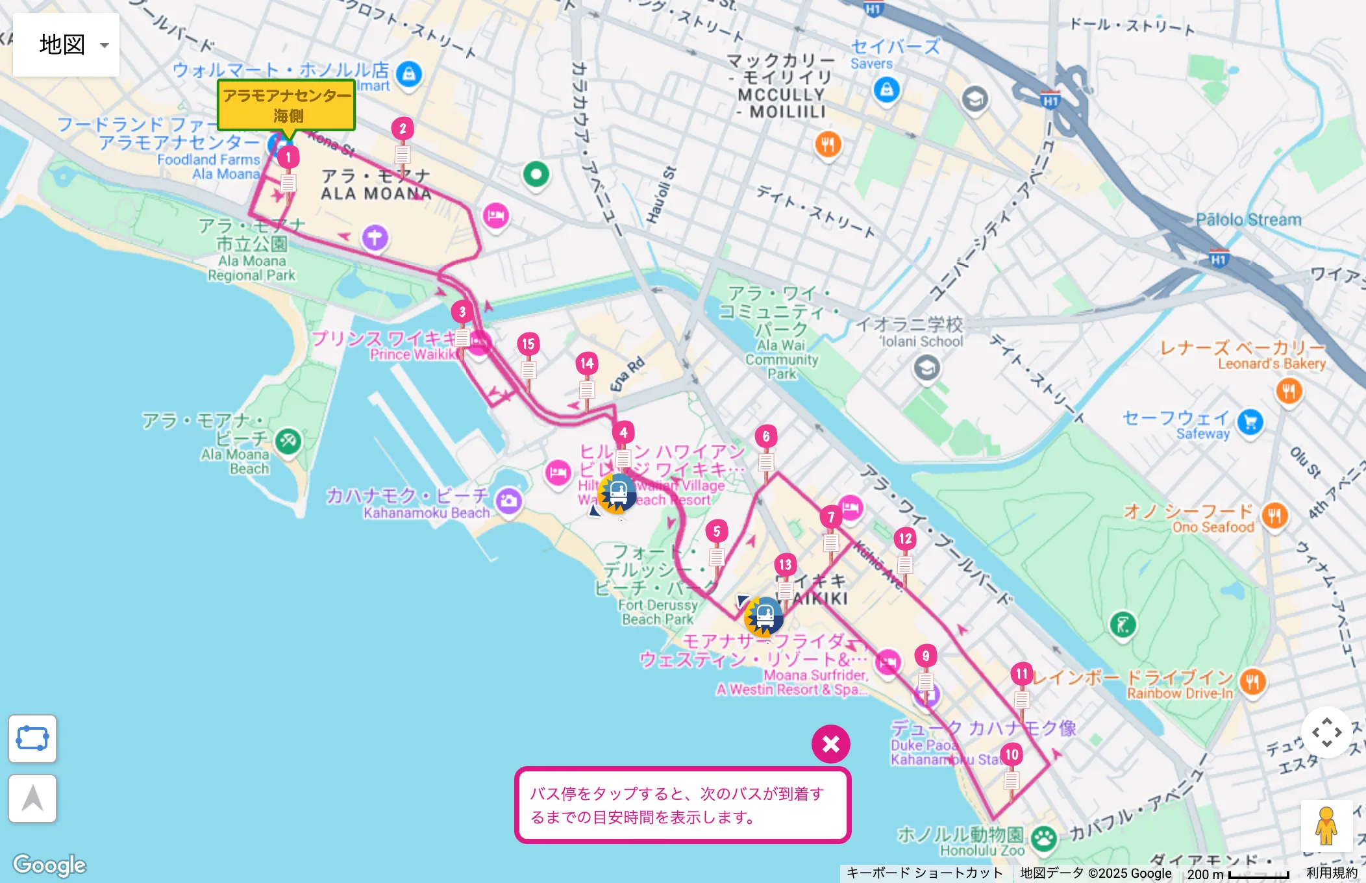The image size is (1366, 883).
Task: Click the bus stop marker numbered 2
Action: tap(403, 129)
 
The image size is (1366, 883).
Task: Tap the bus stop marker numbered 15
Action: tap(528, 344)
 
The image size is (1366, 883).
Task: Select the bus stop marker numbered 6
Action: tap(766, 436)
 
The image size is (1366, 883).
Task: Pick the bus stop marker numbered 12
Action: tap(905, 538)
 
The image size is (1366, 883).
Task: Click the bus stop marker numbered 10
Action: tap(1012, 754)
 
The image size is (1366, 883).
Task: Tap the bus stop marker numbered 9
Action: tap(926, 656)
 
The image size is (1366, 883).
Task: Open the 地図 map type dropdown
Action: tap(66, 45)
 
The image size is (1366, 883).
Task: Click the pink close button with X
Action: tap(830, 744)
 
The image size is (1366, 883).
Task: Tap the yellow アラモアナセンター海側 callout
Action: tap(286, 105)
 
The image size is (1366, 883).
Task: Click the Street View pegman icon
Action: tap(1326, 826)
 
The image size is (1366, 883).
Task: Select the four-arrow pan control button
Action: tap(1326, 732)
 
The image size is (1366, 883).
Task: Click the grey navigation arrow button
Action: tap(32, 798)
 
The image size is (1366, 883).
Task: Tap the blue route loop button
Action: tap(32, 739)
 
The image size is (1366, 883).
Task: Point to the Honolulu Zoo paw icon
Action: tap(1043, 839)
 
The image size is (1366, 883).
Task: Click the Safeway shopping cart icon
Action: tap(1250, 422)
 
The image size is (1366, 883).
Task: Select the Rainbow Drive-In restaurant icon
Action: tap(1252, 682)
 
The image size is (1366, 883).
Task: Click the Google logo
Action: tap(49, 864)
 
